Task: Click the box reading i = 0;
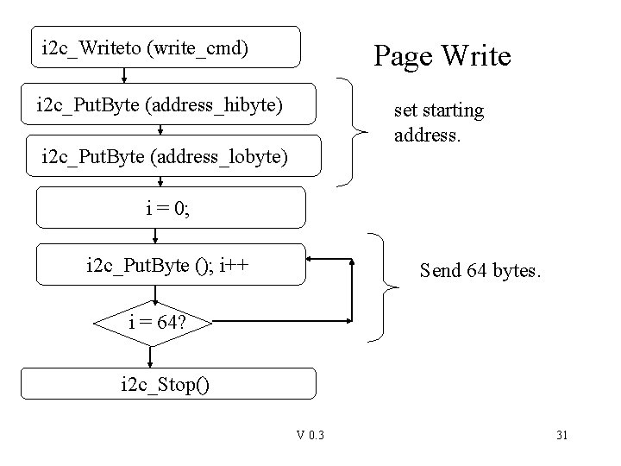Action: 171,207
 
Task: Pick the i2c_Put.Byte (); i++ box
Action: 170,264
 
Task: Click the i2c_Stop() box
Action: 168,383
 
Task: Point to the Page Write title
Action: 442,57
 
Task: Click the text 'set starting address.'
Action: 438,123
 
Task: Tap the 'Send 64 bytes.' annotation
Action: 480,271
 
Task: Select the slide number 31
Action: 561,434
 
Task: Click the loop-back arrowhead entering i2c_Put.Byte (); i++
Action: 313,258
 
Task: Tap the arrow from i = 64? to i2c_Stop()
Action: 151,356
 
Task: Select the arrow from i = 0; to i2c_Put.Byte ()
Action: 155,235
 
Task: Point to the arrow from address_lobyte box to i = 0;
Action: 160,180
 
